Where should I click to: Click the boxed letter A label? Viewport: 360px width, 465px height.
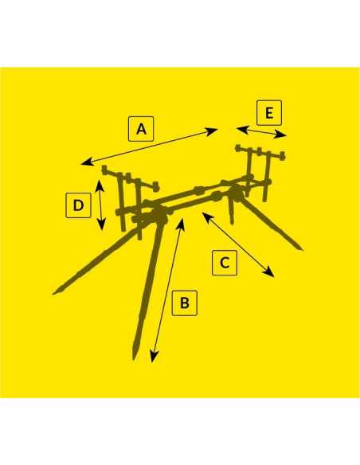pyautogui.click(x=141, y=129)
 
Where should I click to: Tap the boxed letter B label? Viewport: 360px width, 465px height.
pyautogui.click(x=185, y=303)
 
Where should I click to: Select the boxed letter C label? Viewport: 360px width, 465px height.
pyautogui.click(x=225, y=263)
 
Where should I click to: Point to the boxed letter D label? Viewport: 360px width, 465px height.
pyautogui.click(x=78, y=205)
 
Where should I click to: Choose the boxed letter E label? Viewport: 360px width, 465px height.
pyautogui.click(x=269, y=113)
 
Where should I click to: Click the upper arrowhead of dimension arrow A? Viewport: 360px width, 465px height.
pyautogui.click(x=213, y=131)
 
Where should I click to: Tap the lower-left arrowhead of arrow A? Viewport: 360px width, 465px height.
pyautogui.click(x=86, y=162)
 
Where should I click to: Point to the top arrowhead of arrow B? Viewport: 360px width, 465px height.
pyautogui.click(x=181, y=223)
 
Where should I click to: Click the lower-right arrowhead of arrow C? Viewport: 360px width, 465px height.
pyautogui.click(x=270, y=273)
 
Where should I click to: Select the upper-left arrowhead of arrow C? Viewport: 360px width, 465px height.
pyautogui.click(x=206, y=216)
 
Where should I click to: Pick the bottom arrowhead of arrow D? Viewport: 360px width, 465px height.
pyautogui.click(x=102, y=225)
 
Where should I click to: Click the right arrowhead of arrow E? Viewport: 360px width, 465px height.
pyautogui.click(x=282, y=135)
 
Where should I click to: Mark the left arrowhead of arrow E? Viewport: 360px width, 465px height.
pyautogui.click(x=241, y=129)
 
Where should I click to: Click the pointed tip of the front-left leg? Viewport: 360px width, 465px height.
pyautogui.click(x=53, y=294)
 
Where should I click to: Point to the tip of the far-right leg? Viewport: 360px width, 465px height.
pyautogui.click(x=301, y=249)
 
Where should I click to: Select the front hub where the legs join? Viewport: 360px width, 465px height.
pyautogui.click(x=158, y=216)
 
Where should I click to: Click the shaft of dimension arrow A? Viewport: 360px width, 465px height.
pyautogui.click(x=150, y=146)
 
